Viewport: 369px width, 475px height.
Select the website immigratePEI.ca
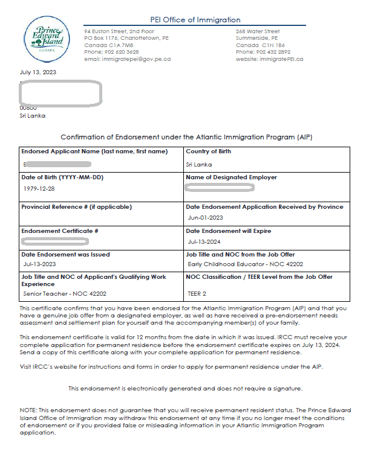tap(281, 59)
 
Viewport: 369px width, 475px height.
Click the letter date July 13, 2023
tap(38, 73)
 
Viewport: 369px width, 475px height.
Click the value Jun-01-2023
tap(206, 218)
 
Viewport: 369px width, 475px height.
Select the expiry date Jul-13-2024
tap(204, 241)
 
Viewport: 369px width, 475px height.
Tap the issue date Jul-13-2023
tap(39, 264)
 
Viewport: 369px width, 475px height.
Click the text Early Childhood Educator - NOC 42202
tap(246, 264)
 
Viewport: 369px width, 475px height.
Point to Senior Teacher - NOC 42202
tap(65, 294)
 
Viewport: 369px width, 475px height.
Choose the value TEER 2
tap(198, 294)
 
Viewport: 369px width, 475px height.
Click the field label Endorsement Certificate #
tap(60, 231)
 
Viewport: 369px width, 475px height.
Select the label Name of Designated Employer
tap(231, 177)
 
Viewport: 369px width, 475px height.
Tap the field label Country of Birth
tap(208, 151)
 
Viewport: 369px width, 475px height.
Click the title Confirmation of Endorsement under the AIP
tap(186, 137)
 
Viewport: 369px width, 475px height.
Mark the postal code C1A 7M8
tap(119, 45)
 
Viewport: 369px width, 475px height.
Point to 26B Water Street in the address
tap(258, 31)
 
